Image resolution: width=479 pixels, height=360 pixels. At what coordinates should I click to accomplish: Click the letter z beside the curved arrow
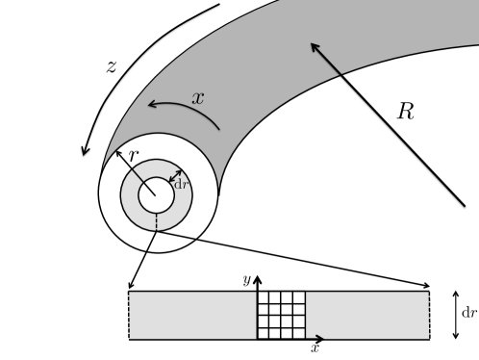(112, 68)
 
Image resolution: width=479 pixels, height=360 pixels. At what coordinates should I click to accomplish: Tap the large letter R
(406, 112)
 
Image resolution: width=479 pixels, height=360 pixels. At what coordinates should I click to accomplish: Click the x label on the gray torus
(198, 98)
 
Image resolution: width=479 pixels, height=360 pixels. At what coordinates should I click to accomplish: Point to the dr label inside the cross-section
(180, 183)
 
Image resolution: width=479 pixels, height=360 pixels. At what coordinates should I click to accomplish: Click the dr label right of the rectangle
(469, 312)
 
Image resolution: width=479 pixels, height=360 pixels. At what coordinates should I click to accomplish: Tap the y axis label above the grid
(246, 279)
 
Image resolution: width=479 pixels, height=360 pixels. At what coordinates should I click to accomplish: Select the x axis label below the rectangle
(315, 348)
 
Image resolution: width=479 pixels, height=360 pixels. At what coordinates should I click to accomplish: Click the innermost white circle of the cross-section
(156, 195)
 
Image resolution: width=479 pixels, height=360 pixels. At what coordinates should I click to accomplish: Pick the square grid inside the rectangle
(281, 315)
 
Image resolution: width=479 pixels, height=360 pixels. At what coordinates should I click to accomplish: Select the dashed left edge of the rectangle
(129, 315)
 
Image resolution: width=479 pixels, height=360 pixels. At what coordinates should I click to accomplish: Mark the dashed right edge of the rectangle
(430, 315)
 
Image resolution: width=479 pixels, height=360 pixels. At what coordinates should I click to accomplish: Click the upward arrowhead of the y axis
(257, 278)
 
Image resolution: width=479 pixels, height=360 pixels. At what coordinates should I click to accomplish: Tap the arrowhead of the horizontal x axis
(324, 339)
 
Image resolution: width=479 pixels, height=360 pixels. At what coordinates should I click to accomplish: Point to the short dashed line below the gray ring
(155, 223)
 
